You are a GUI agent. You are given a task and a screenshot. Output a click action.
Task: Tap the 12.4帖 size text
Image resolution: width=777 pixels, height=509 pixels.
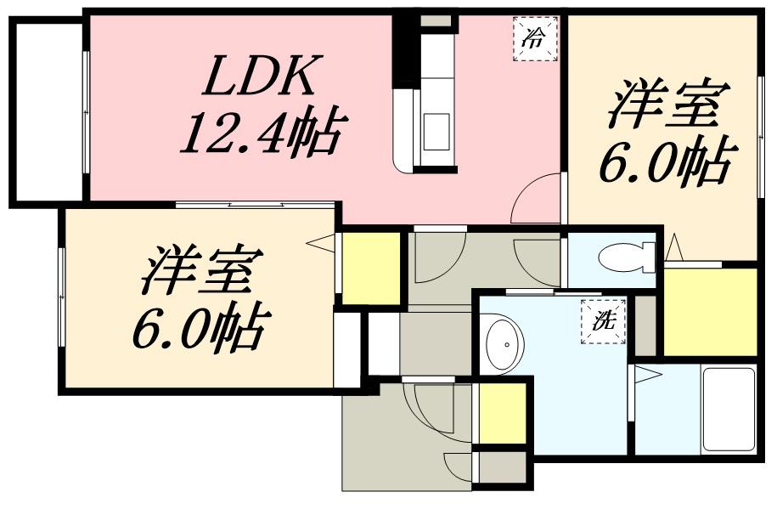(x=263, y=133)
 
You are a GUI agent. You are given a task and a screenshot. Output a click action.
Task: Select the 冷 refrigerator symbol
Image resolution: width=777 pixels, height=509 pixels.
(x=535, y=39)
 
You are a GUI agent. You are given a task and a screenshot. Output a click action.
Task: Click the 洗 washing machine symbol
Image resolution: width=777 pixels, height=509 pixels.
(x=603, y=321)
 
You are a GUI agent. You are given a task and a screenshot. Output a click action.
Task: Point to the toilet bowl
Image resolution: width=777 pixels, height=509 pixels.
(x=624, y=255)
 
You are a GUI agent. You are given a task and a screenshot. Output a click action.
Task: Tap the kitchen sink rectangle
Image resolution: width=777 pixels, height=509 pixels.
(x=436, y=131)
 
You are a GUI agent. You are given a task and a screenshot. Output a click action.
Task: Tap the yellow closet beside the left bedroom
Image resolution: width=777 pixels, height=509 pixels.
(x=370, y=267)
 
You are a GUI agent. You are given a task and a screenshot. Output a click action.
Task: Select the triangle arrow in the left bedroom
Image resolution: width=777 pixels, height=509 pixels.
(x=320, y=244)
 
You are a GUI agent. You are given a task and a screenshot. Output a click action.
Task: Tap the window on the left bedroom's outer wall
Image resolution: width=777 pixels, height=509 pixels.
(x=61, y=297)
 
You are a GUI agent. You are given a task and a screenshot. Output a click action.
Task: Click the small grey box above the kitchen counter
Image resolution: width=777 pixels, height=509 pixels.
(x=436, y=20)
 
